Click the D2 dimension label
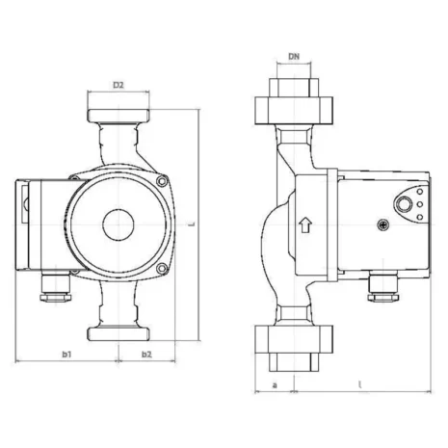[x=118, y=86]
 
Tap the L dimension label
[x=193, y=224]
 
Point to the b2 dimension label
[x=146, y=356]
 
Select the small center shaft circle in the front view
[x=118, y=218]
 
